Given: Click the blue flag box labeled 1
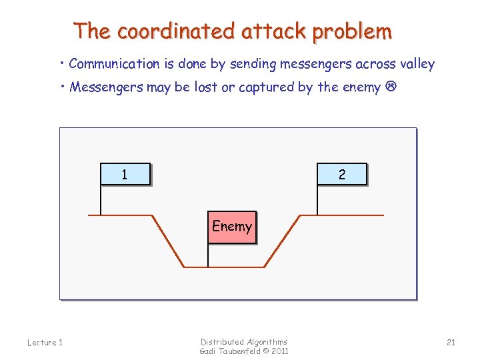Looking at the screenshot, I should (x=125, y=174).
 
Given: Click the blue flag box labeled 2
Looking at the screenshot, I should (x=342, y=174).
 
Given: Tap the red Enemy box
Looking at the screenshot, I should (x=231, y=227).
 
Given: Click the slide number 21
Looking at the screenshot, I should (x=451, y=342).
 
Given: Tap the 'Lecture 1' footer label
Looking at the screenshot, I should (x=45, y=343).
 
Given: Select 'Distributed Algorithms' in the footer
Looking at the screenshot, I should (x=244, y=341).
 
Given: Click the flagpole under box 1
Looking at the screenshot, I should (x=100, y=200).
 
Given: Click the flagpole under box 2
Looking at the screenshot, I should (x=317, y=200).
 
